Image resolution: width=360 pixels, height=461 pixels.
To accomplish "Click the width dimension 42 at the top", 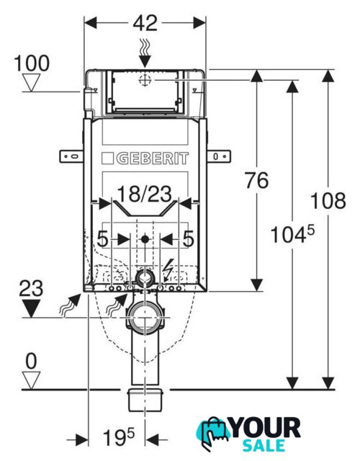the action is coord(145,23).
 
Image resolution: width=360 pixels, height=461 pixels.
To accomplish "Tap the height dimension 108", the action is coord(328,200).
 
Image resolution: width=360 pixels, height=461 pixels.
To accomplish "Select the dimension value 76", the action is coord(257,180).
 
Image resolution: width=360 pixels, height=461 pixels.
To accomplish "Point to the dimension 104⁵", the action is coord(292,234).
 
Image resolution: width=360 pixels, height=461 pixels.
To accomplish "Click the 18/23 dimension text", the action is coord(145,194).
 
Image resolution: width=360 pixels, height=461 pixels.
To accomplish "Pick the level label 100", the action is coord(32,63).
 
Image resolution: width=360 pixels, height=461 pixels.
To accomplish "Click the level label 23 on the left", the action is coord(31,288).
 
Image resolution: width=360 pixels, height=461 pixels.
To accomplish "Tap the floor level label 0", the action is coord(32,362).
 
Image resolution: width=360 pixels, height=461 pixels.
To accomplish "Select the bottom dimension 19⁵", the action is coord(118,437).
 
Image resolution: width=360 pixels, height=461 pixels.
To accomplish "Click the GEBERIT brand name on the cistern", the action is coord(153,158).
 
